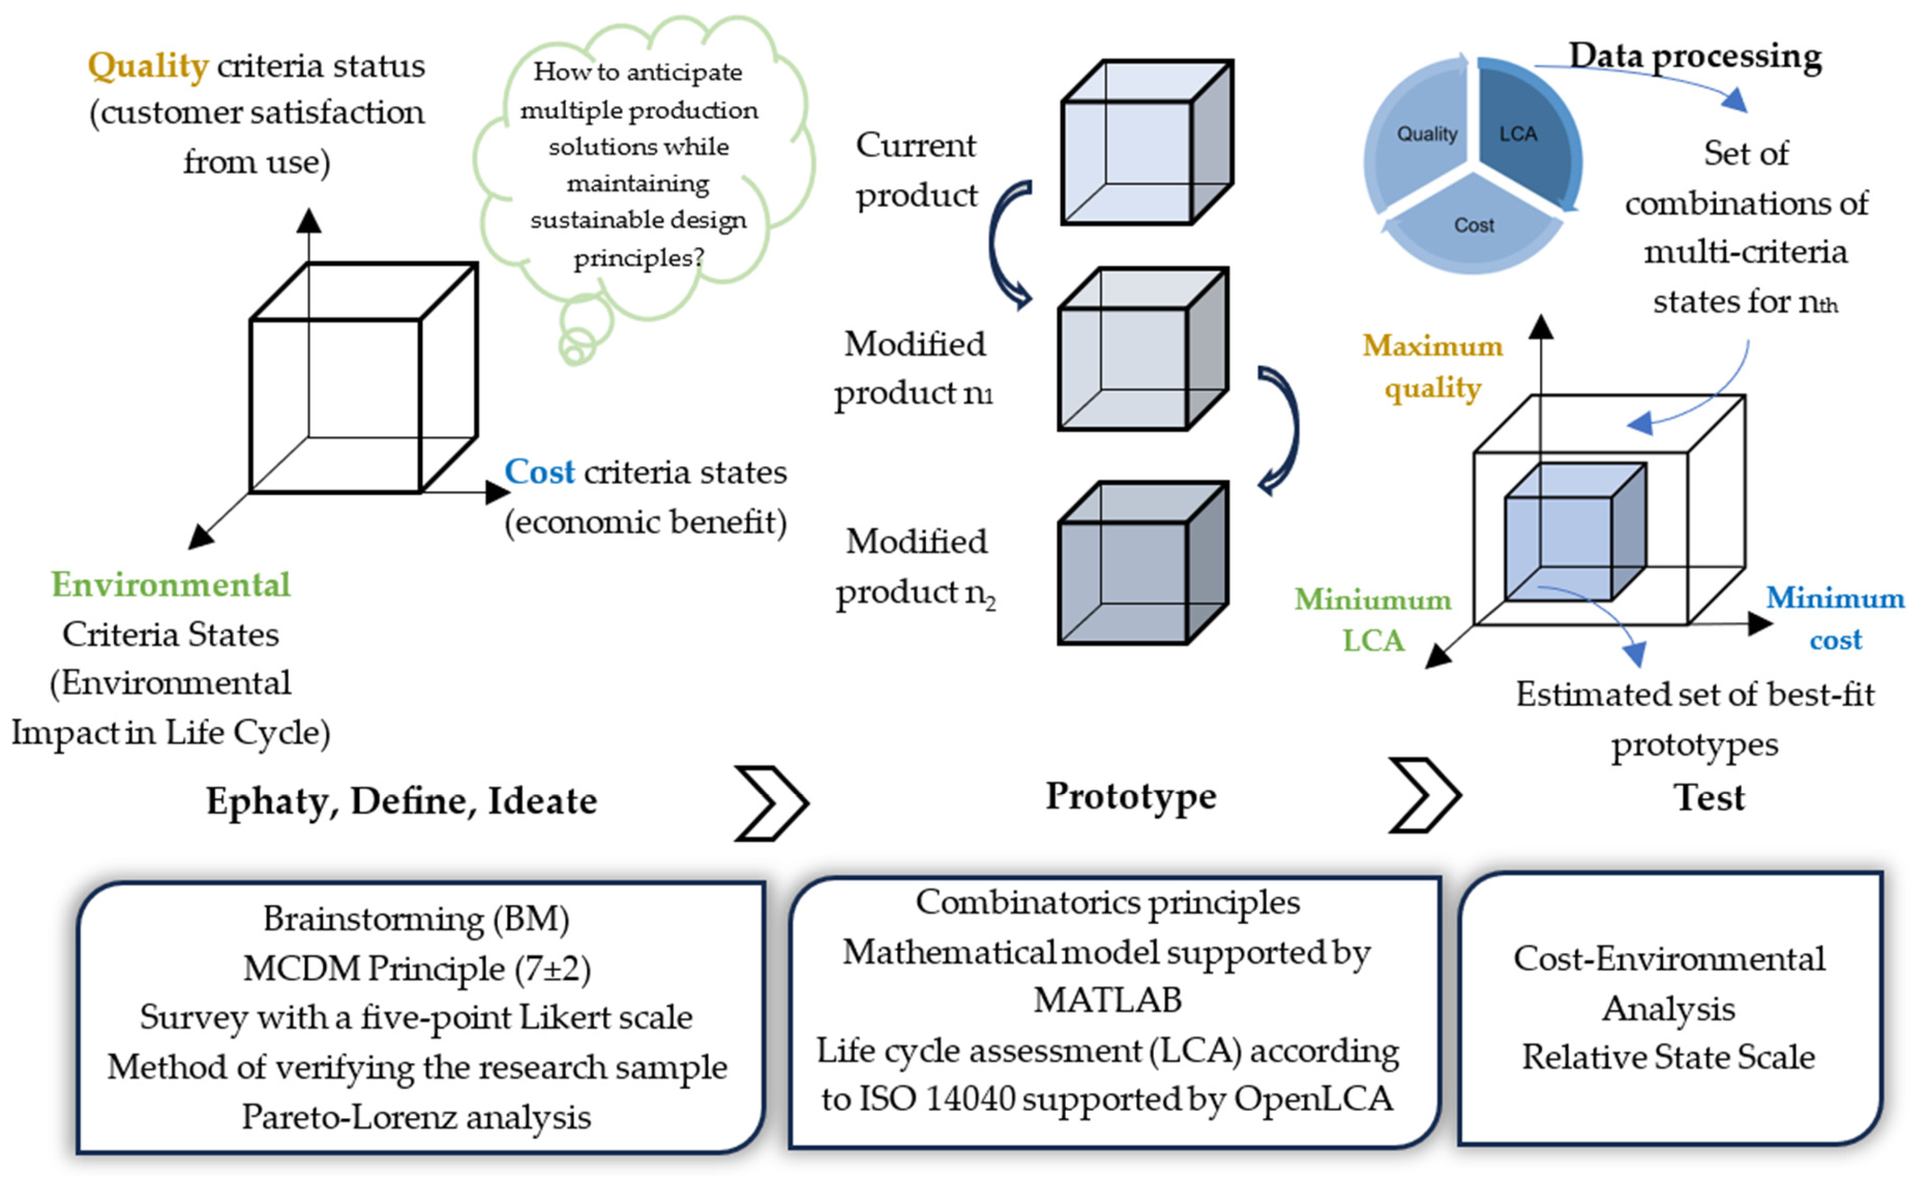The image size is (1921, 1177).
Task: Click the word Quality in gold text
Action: click(x=147, y=66)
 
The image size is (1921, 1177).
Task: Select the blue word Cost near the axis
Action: click(x=539, y=473)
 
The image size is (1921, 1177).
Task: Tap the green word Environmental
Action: click(x=170, y=585)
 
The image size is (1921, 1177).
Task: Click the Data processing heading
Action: click(x=1695, y=56)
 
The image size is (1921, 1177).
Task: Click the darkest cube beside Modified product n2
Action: click(x=1142, y=563)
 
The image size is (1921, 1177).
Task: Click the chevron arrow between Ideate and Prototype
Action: click(x=771, y=803)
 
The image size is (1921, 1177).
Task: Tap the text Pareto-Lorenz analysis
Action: click(x=416, y=1118)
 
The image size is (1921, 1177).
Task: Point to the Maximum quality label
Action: click(x=1432, y=366)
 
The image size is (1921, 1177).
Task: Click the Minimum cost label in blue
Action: click(x=1835, y=618)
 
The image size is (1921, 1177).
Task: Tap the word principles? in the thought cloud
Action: click(x=639, y=258)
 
